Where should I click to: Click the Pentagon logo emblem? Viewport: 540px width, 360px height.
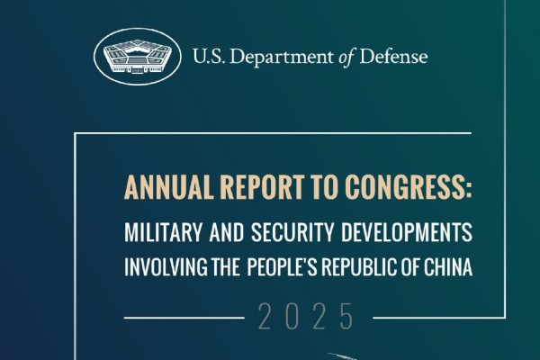click(x=135, y=57)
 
